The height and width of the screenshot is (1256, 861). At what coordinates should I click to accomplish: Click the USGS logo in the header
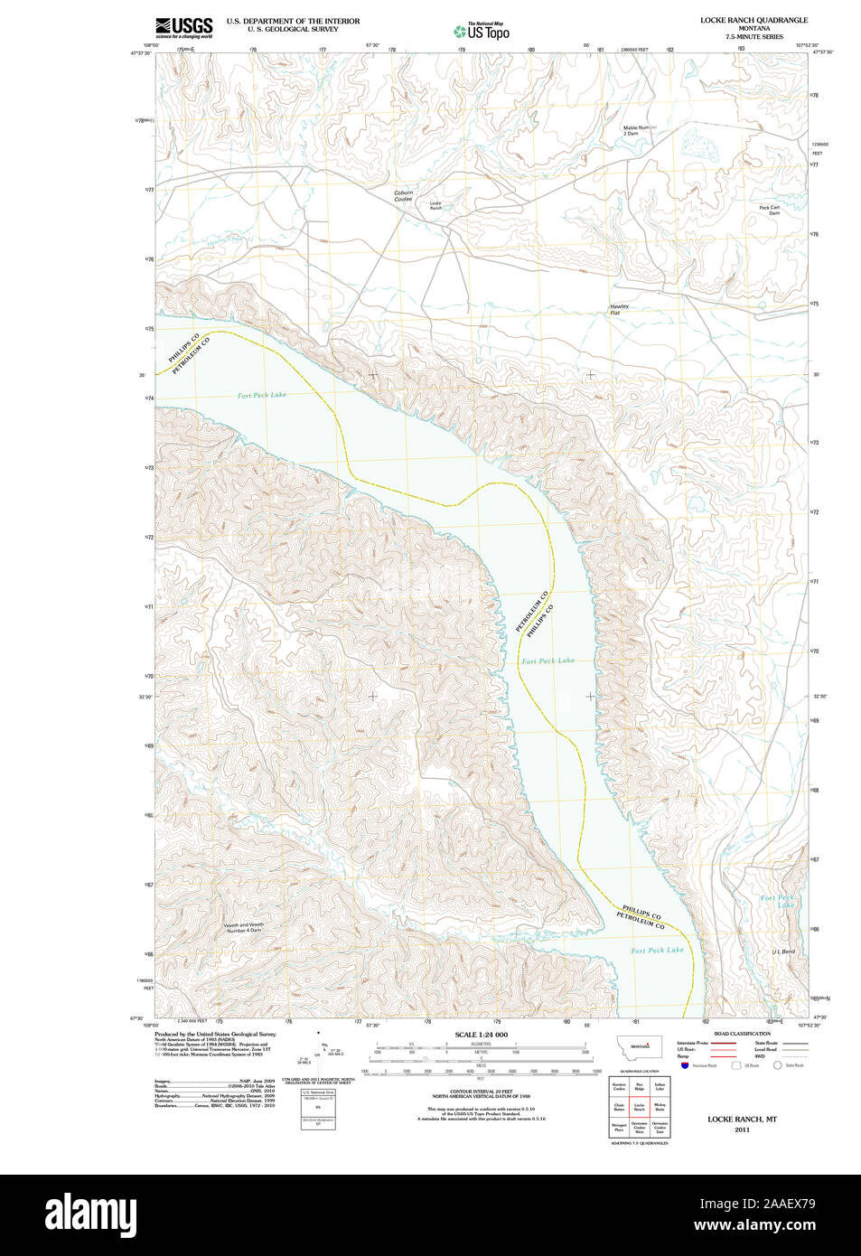click(183, 28)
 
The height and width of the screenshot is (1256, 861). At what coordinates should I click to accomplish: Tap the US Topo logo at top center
click(482, 32)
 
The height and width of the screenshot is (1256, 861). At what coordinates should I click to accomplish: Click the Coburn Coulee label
click(403, 196)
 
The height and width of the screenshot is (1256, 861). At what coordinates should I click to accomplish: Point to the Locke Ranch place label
click(435, 206)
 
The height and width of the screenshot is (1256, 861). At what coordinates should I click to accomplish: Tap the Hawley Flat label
click(619, 309)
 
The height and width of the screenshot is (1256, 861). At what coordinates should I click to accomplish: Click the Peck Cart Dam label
click(770, 210)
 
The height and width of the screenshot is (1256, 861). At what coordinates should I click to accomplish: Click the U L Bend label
click(783, 952)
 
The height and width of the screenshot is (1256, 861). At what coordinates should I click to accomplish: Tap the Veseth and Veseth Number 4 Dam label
click(244, 927)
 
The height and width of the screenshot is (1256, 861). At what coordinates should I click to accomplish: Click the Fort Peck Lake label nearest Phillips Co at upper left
click(262, 395)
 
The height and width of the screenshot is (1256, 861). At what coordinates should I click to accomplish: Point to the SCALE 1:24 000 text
click(481, 1035)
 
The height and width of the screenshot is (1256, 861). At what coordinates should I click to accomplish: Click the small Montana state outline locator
click(640, 1046)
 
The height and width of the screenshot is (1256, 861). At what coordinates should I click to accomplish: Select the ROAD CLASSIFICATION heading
click(742, 1034)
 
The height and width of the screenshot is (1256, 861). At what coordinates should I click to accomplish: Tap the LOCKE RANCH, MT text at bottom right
click(742, 1120)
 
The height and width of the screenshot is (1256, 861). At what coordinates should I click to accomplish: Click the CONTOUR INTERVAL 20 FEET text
click(481, 1092)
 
